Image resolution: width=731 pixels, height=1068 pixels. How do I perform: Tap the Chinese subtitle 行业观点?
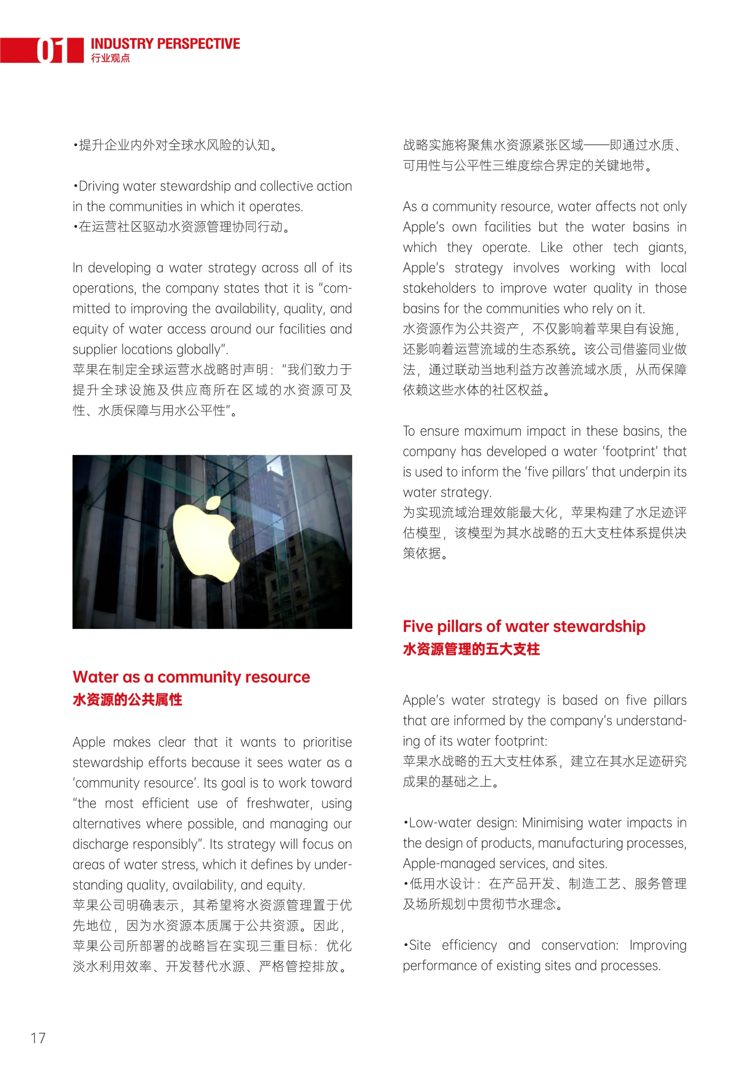coord(110,58)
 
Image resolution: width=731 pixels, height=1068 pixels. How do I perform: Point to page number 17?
coord(38,1038)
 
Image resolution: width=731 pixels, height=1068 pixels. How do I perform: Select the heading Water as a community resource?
coord(191,677)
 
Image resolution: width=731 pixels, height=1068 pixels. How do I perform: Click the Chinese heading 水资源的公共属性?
coord(127,700)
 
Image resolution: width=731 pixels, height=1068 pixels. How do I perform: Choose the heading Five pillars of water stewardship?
coord(524,627)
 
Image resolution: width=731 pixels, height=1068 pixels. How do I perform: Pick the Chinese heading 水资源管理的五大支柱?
coord(471,649)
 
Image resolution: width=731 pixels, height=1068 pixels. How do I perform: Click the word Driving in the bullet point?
coord(99,186)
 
